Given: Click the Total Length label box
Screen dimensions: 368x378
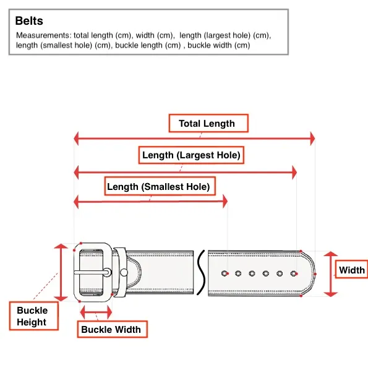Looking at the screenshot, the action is [208, 123].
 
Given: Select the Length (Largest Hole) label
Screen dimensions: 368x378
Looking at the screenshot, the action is [191, 155].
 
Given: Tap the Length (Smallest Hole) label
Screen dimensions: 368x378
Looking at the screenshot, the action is [160, 186].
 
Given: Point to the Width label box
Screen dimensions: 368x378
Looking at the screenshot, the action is [352, 269].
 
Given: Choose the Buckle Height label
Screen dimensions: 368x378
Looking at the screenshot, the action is [34, 316].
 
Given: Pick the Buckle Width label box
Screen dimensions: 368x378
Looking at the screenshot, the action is [113, 329].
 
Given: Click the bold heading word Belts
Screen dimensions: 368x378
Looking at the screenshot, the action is [29, 21].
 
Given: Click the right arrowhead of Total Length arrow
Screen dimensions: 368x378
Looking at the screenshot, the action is [312, 139].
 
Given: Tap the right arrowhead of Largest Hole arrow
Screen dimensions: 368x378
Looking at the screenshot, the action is [294, 173].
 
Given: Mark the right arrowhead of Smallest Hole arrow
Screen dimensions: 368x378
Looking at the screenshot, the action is [225, 202].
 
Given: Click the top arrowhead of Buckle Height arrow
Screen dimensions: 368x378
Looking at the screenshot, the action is [61, 246].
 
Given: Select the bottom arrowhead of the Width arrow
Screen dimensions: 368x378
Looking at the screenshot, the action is [331, 294].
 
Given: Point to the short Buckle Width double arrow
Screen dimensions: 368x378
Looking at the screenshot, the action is [96, 312].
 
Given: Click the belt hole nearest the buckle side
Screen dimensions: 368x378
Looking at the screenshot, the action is [225, 273].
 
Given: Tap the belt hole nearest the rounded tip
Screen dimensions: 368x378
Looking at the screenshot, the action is [294, 273].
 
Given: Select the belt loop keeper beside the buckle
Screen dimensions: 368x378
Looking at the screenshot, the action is [119, 272].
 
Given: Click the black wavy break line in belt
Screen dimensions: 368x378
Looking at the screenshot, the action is [201, 272].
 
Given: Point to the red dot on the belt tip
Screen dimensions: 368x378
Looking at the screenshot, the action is [315, 274].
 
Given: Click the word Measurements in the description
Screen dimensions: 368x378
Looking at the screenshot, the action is [44, 35].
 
